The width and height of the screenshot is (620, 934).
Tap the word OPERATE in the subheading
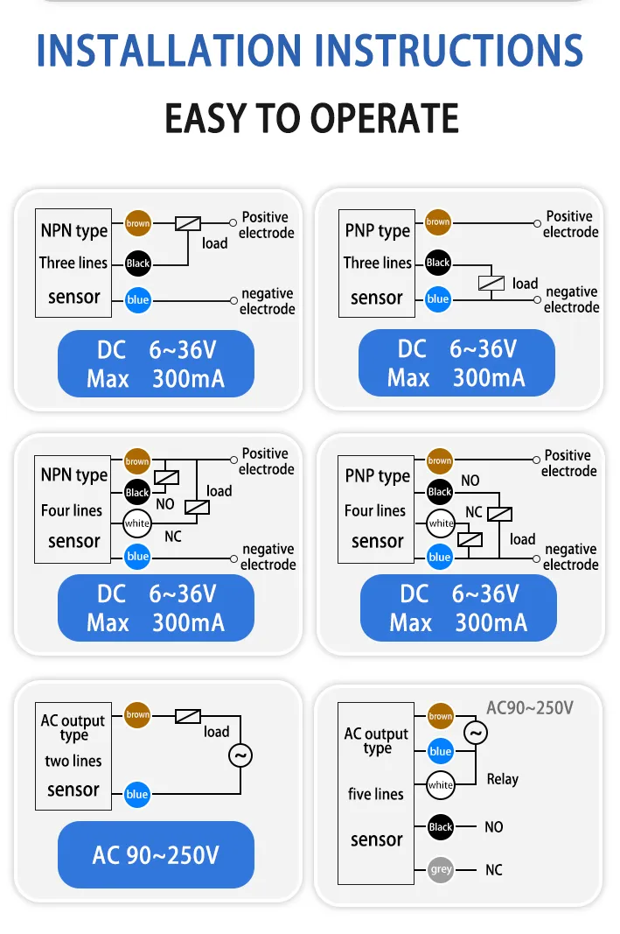click(x=385, y=118)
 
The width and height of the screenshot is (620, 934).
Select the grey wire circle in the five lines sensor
click(x=441, y=869)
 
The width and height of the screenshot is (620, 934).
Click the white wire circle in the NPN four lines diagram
click(x=136, y=523)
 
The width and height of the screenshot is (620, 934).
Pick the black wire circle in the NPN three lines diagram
click(x=137, y=263)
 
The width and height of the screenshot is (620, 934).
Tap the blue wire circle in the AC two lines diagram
click(x=136, y=794)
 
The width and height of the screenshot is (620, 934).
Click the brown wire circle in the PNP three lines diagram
click(x=438, y=222)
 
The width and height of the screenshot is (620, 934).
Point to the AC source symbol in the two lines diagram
click(x=240, y=755)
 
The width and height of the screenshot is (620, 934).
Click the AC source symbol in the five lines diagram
click(x=476, y=733)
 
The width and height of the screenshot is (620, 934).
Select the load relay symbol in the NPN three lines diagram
click(x=188, y=223)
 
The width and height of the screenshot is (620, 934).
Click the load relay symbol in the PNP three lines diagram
click(x=491, y=283)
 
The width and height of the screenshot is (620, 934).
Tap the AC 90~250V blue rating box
click(x=156, y=854)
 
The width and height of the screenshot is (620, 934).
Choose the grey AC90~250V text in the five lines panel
click(x=530, y=707)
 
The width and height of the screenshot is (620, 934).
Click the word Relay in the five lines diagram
click(x=503, y=779)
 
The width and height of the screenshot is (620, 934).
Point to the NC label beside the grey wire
click(x=494, y=870)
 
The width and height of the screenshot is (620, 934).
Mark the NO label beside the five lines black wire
click(x=494, y=827)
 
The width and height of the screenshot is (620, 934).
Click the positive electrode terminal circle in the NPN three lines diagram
click(x=233, y=223)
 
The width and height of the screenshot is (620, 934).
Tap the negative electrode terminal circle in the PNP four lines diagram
click(x=536, y=558)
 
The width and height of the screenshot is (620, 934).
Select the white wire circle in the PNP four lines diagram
click(x=441, y=523)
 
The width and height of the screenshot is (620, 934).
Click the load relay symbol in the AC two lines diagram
click(x=188, y=715)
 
